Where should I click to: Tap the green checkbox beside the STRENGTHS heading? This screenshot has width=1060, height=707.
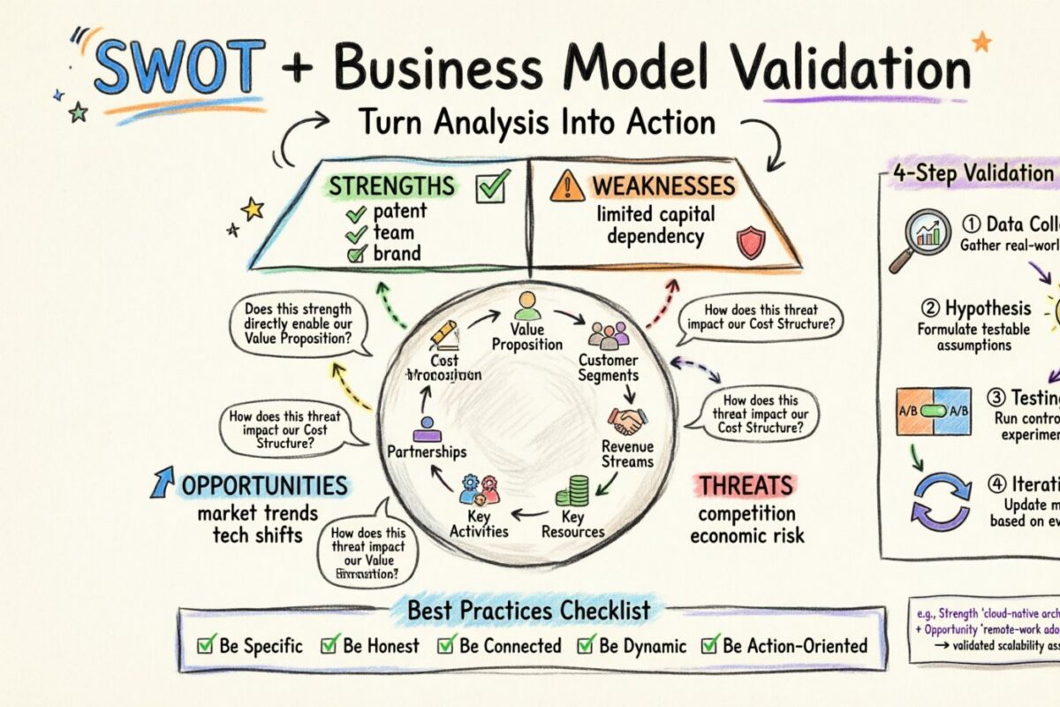point(491,187)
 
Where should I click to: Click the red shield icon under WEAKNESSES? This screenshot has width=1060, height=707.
point(749,242)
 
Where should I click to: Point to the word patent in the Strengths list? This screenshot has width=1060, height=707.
point(398,212)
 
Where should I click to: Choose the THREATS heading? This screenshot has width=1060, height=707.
point(746,485)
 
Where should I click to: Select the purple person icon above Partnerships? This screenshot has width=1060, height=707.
point(426,429)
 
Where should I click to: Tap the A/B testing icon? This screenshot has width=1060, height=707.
point(934,412)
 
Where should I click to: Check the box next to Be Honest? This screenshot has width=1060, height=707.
point(330,644)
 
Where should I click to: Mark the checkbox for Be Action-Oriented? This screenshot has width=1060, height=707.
point(709,644)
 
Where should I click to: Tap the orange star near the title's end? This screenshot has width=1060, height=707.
point(980,41)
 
